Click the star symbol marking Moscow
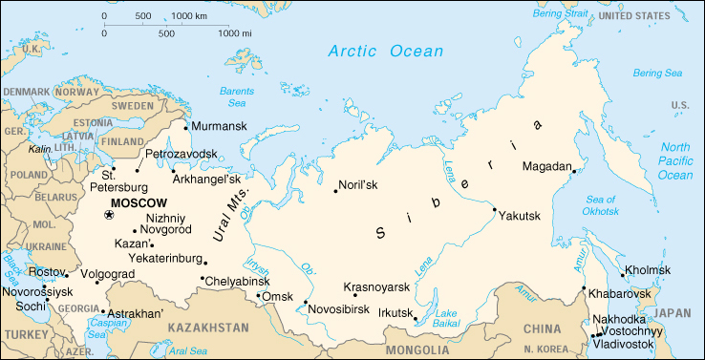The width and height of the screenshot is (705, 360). [108, 217]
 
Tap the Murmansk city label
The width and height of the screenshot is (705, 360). [219, 126]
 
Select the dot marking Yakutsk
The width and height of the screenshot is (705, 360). [495, 210]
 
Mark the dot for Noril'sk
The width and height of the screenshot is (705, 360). [335, 192]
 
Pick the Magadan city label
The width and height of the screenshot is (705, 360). [546, 167]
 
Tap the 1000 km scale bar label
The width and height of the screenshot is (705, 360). [191, 16]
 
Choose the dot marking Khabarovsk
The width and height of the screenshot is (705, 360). [584, 288]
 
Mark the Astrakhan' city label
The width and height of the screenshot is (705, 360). [136, 312]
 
